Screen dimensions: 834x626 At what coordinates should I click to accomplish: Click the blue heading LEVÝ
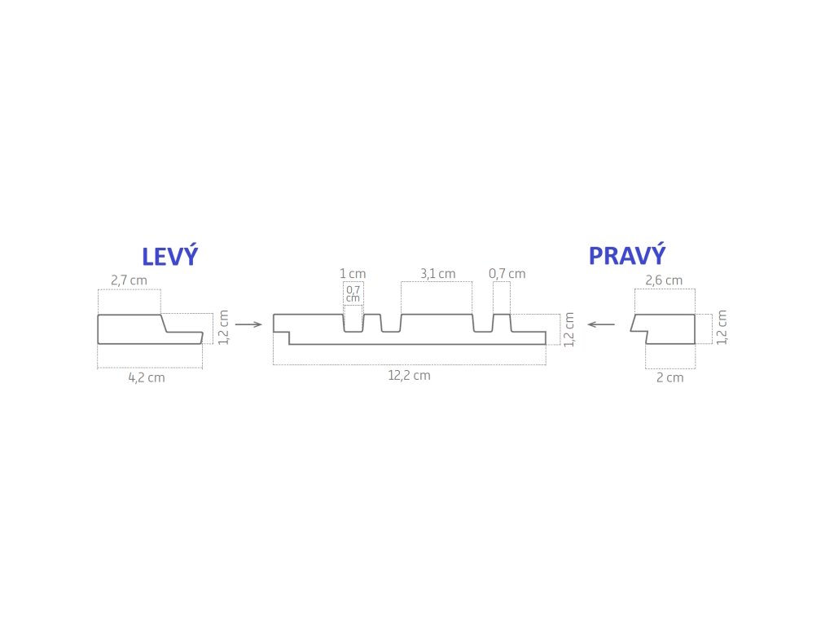169,257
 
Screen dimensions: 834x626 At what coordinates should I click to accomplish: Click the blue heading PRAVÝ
627,256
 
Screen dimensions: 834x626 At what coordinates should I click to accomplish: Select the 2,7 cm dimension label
129,280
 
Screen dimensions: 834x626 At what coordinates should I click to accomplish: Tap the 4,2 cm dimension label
147,378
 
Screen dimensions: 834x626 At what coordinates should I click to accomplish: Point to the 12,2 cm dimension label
409,376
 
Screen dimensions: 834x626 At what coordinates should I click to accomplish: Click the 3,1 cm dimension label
437,274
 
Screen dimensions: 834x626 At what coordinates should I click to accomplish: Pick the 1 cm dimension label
353,274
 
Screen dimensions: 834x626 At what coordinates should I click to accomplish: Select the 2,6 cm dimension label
664,280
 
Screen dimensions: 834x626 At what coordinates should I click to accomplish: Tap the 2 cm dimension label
670,378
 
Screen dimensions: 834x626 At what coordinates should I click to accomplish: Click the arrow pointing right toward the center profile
248,324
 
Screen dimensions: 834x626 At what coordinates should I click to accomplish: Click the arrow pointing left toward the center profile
601,324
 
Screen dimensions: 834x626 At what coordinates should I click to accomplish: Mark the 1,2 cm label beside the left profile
223,327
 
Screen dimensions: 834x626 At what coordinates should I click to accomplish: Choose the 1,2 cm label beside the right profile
722,327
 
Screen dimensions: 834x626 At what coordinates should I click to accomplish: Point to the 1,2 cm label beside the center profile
569,328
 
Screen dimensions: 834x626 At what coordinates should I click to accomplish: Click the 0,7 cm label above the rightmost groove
507,274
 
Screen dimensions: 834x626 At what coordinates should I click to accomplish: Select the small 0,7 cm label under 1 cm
353,293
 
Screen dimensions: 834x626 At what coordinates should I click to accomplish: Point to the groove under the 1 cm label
353,324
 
